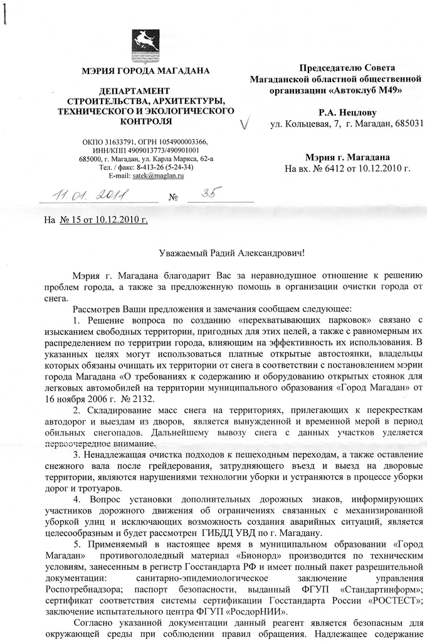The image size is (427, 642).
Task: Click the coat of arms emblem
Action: point(145,43)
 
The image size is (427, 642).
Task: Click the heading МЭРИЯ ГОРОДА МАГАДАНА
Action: point(145,70)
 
